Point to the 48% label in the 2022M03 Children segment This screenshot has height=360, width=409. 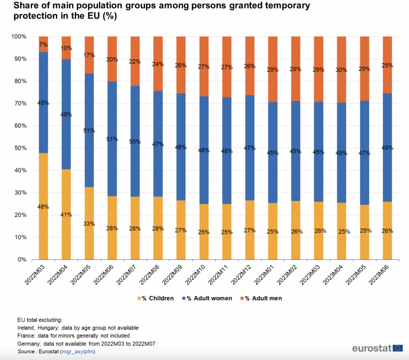coord(44,207)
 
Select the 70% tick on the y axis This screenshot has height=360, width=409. coord(19,103)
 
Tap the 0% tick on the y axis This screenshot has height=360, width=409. coord(22,259)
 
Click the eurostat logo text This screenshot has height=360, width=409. coord(371,348)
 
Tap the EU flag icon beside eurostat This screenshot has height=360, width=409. coord(398,348)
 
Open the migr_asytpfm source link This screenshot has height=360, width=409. coord(77,351)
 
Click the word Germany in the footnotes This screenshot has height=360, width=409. coord(29,343)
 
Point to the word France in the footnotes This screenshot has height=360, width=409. coord(26,335)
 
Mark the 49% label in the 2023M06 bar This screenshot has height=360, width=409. coord(387,148)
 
